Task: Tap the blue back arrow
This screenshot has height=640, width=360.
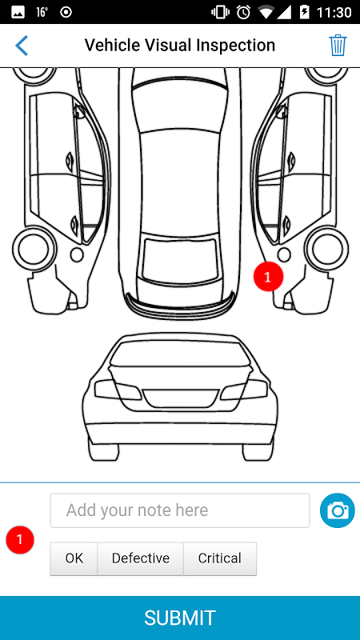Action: tap(22, 46)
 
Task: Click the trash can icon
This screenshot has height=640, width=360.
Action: tap(338, 46)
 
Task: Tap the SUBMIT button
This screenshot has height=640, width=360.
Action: tap(180, 618)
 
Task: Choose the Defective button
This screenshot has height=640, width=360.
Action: tap(141, 558)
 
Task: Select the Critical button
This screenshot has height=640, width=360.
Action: tap(219, 558)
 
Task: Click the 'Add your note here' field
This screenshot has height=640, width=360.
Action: tap(179, 510)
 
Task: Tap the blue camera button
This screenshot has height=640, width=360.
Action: tap(337, 510)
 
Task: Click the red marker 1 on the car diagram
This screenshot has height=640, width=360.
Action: tap(268, 277)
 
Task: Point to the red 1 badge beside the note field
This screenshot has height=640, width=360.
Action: tap(19, 539)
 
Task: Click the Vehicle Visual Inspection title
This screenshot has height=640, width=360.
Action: tap(179, 46)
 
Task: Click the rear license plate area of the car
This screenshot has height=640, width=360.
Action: tap(180, 398)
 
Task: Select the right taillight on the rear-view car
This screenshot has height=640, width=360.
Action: tap(244, 390)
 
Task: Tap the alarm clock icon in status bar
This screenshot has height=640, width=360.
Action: tap(243, 12)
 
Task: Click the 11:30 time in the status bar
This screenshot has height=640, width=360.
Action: tap(334, 12)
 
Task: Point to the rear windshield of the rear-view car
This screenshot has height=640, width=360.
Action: tap(180, 354)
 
